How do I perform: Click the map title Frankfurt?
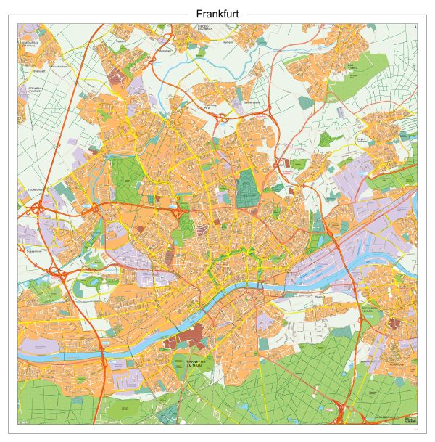217,14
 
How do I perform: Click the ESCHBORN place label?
28,192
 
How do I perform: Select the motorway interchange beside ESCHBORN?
36,210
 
